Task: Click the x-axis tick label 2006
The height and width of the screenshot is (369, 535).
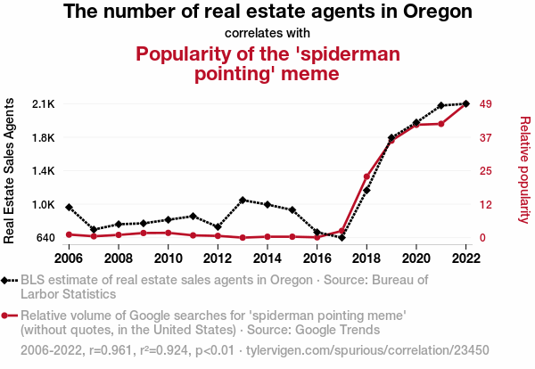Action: pos(69,258)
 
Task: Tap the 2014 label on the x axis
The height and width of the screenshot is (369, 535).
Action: pos(267,258)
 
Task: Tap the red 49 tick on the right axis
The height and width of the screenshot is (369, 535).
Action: pos(487,104)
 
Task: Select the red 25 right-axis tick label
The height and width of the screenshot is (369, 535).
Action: pos(487,171)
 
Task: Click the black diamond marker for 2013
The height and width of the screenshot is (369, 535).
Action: pos(243,200)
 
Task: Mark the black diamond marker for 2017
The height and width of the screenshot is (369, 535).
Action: pos(342,238)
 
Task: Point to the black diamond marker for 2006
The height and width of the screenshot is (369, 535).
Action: pos(69,207)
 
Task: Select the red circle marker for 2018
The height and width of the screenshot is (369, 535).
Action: pos(366,176)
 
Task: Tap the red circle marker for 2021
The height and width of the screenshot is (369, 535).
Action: pos(441,123)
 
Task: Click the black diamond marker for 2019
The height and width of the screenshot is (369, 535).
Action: pos(391,138)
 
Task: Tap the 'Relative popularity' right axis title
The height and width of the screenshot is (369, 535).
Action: pos(524,169)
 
